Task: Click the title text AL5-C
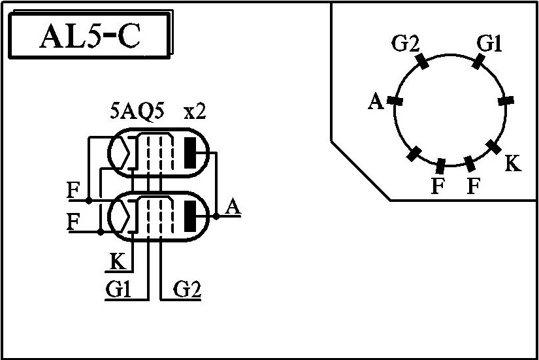pos(90,36)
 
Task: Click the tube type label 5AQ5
pos(137,111)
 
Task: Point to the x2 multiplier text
pos(195,112)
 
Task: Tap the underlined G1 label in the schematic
pos(119,289)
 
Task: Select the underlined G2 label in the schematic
pos(187,289)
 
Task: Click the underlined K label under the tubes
pos(118,261)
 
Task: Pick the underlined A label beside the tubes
pos(233,207)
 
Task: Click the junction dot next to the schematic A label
pos(216,216)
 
